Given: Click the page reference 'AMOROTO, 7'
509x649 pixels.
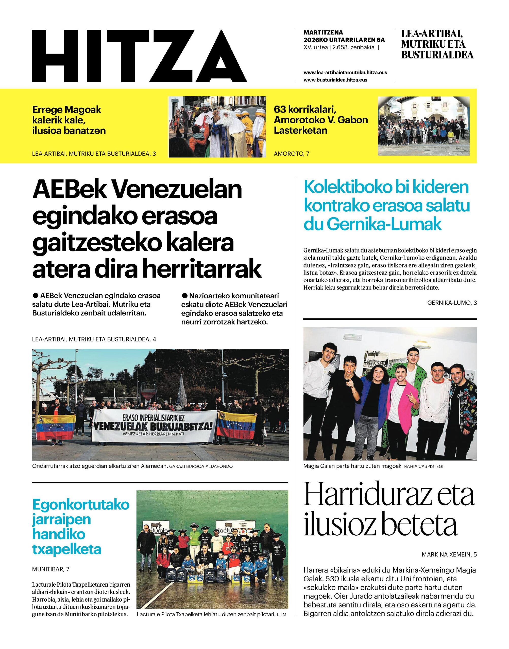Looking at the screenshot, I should point(292,154).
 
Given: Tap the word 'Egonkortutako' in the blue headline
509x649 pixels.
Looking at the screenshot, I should point(81,505).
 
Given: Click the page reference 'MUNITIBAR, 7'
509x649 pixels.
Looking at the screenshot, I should point(51,569).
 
